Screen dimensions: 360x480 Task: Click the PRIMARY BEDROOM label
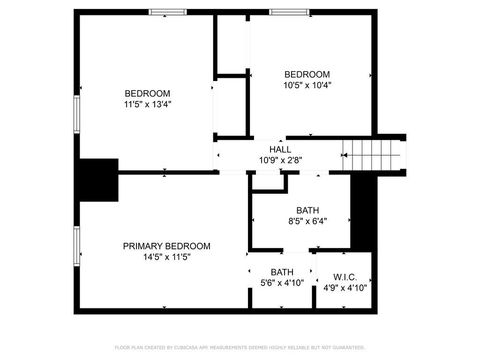[x=167, y=246]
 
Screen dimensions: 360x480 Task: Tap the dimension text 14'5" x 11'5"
[x=167, y=257]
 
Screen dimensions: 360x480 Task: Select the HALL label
[x=280, y=149]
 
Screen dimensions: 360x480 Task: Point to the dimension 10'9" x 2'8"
[x=280, y=160]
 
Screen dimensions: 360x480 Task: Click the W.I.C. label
[x=345, y=276]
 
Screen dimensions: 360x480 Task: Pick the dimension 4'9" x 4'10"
[x=345, y=288]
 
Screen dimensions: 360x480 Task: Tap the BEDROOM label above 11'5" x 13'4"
[x=147, y=93]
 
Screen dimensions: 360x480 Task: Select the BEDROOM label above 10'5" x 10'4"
[x=307, y=74]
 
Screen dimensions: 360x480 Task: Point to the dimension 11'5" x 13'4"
[x=147, y=104]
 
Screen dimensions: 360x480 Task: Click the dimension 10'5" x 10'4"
[x=307, y=85]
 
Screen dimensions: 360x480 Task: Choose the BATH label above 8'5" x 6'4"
[x=307, y=210]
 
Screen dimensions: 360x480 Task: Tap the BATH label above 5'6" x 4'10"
[x=282, y=272]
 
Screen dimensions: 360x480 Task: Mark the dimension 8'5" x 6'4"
[x=307, y=221]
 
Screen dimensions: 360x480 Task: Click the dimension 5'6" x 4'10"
[x=282, y=284]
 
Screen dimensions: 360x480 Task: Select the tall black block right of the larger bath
[x=362, y=213]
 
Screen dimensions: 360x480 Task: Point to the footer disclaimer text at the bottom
[x=240, y=347]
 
